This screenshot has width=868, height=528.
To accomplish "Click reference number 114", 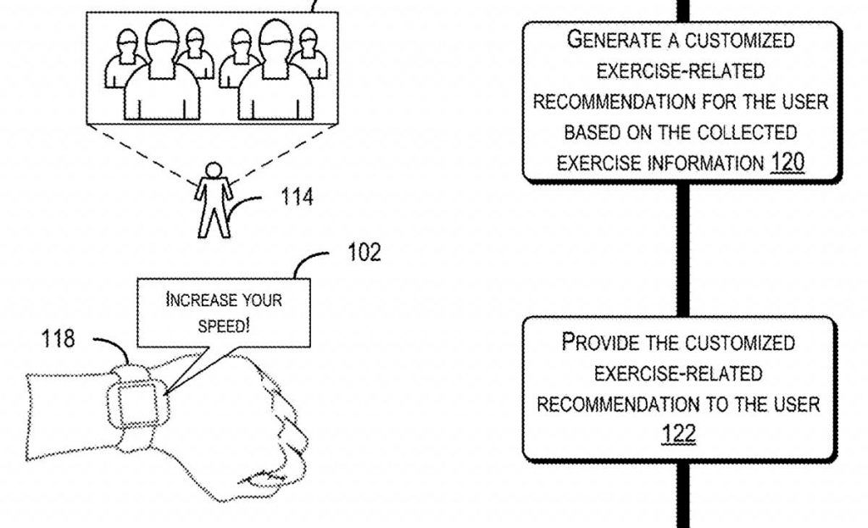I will tap(297, 197).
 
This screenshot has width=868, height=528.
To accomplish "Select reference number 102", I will tap(364, 253).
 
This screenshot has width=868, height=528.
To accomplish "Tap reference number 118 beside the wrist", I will tap(58, 339).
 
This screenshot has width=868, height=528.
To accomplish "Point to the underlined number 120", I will tap(787, 162).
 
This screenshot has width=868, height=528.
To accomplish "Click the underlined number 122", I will tap(678, 434).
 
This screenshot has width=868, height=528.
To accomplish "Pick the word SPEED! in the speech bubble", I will tap(224, 326).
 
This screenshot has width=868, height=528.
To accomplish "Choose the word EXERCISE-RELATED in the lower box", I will tap(678, 373).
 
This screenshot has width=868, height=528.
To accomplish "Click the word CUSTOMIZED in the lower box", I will tap(740, 342).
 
